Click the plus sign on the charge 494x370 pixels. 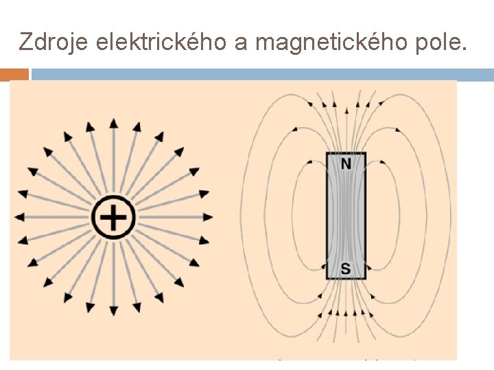pyautogui.click(x=114, y=218)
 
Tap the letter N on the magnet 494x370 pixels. pyautogui.click(x=346, y=164)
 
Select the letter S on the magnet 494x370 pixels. pyautogui.click(x=346, y=269)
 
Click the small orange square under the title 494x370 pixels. pyautogui.click(x=19, y=74)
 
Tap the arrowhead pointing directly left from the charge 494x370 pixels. pyautogui.click(x=20, y=217)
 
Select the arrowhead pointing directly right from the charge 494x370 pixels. pyautogui.click(x=208, y=217)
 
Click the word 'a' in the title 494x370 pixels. pyautogui.click(x=241, y=42)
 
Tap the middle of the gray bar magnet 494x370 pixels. pyautogui.click(x=346, y=216)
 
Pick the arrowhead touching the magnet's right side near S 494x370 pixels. pyautogui.click(x=368, y=266)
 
